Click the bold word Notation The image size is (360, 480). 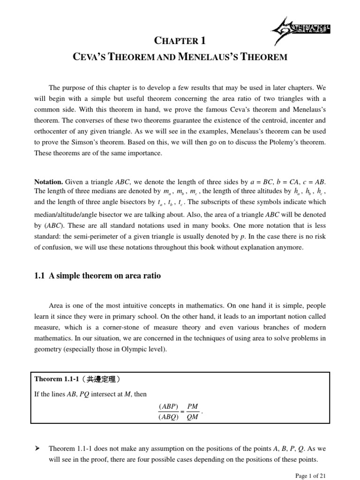tap(48, 181)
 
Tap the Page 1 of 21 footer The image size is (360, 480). tap(310, 475)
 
